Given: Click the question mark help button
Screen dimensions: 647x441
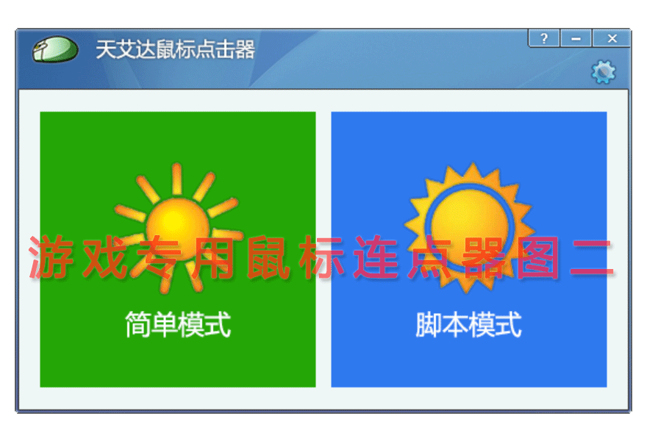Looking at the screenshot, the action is pos(544,38).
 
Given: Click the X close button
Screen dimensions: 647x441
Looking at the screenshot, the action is pos(612,38).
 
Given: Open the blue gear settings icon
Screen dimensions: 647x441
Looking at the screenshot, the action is pos(604,72).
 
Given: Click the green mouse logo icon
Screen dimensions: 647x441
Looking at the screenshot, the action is pos(55,49).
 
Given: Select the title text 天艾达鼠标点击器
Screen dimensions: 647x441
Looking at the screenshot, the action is pos(176,49).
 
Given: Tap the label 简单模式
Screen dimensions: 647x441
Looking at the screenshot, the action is pos(178,324).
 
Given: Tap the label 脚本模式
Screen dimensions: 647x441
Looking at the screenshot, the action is pos(469,324).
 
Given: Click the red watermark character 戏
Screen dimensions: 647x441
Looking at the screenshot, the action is pos(106,257).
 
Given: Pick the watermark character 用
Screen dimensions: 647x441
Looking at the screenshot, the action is pos(214,257).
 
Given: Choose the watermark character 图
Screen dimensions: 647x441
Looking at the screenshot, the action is pos(538,257).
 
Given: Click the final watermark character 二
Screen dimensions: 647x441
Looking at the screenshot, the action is pos(592,257).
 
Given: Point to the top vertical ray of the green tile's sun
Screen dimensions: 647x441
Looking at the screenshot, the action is pos(177,179).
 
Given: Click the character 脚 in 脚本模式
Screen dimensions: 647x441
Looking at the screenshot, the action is pos(429,324).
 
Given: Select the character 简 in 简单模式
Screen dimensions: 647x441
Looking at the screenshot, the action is pos(138,324).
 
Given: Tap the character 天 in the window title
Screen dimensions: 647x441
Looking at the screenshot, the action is pos(106,49).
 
